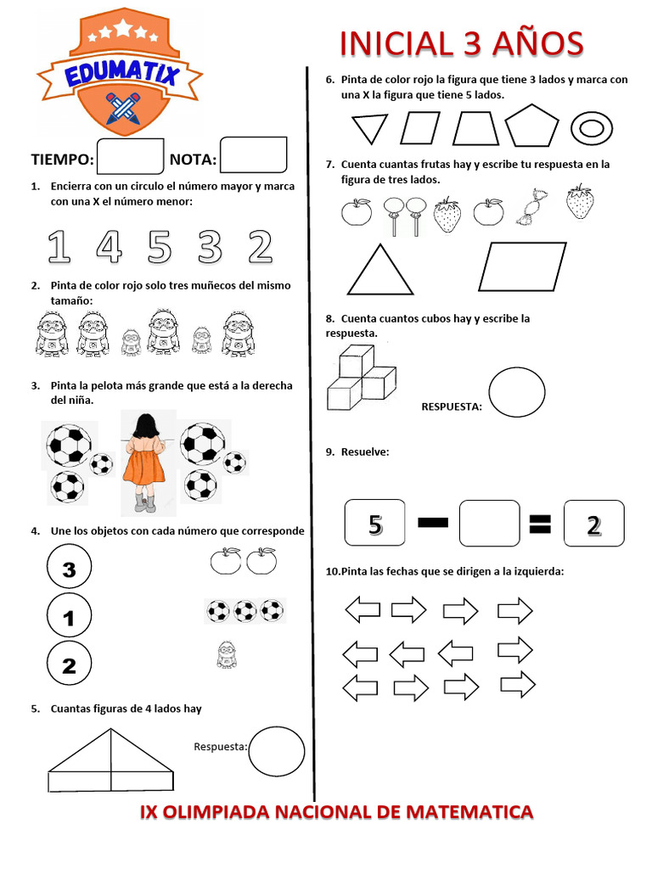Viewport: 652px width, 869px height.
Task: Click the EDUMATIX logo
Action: coord(119,75)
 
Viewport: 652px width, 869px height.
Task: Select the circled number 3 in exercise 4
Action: coord(69,569)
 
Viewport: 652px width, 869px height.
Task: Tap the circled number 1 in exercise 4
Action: coord(69,617)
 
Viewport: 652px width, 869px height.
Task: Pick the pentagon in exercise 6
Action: coord(532,127)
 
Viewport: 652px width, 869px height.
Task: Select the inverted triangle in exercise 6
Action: coord(369,128)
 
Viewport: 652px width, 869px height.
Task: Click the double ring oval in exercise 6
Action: coord(592,129)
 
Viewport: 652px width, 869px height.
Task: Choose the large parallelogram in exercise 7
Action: coord(522,266)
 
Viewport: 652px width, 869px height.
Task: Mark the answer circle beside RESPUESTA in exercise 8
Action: coord(517,391)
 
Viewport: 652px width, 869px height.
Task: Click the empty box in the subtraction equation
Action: coord(489,524)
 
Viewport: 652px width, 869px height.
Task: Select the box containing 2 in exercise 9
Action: coord(593,524)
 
